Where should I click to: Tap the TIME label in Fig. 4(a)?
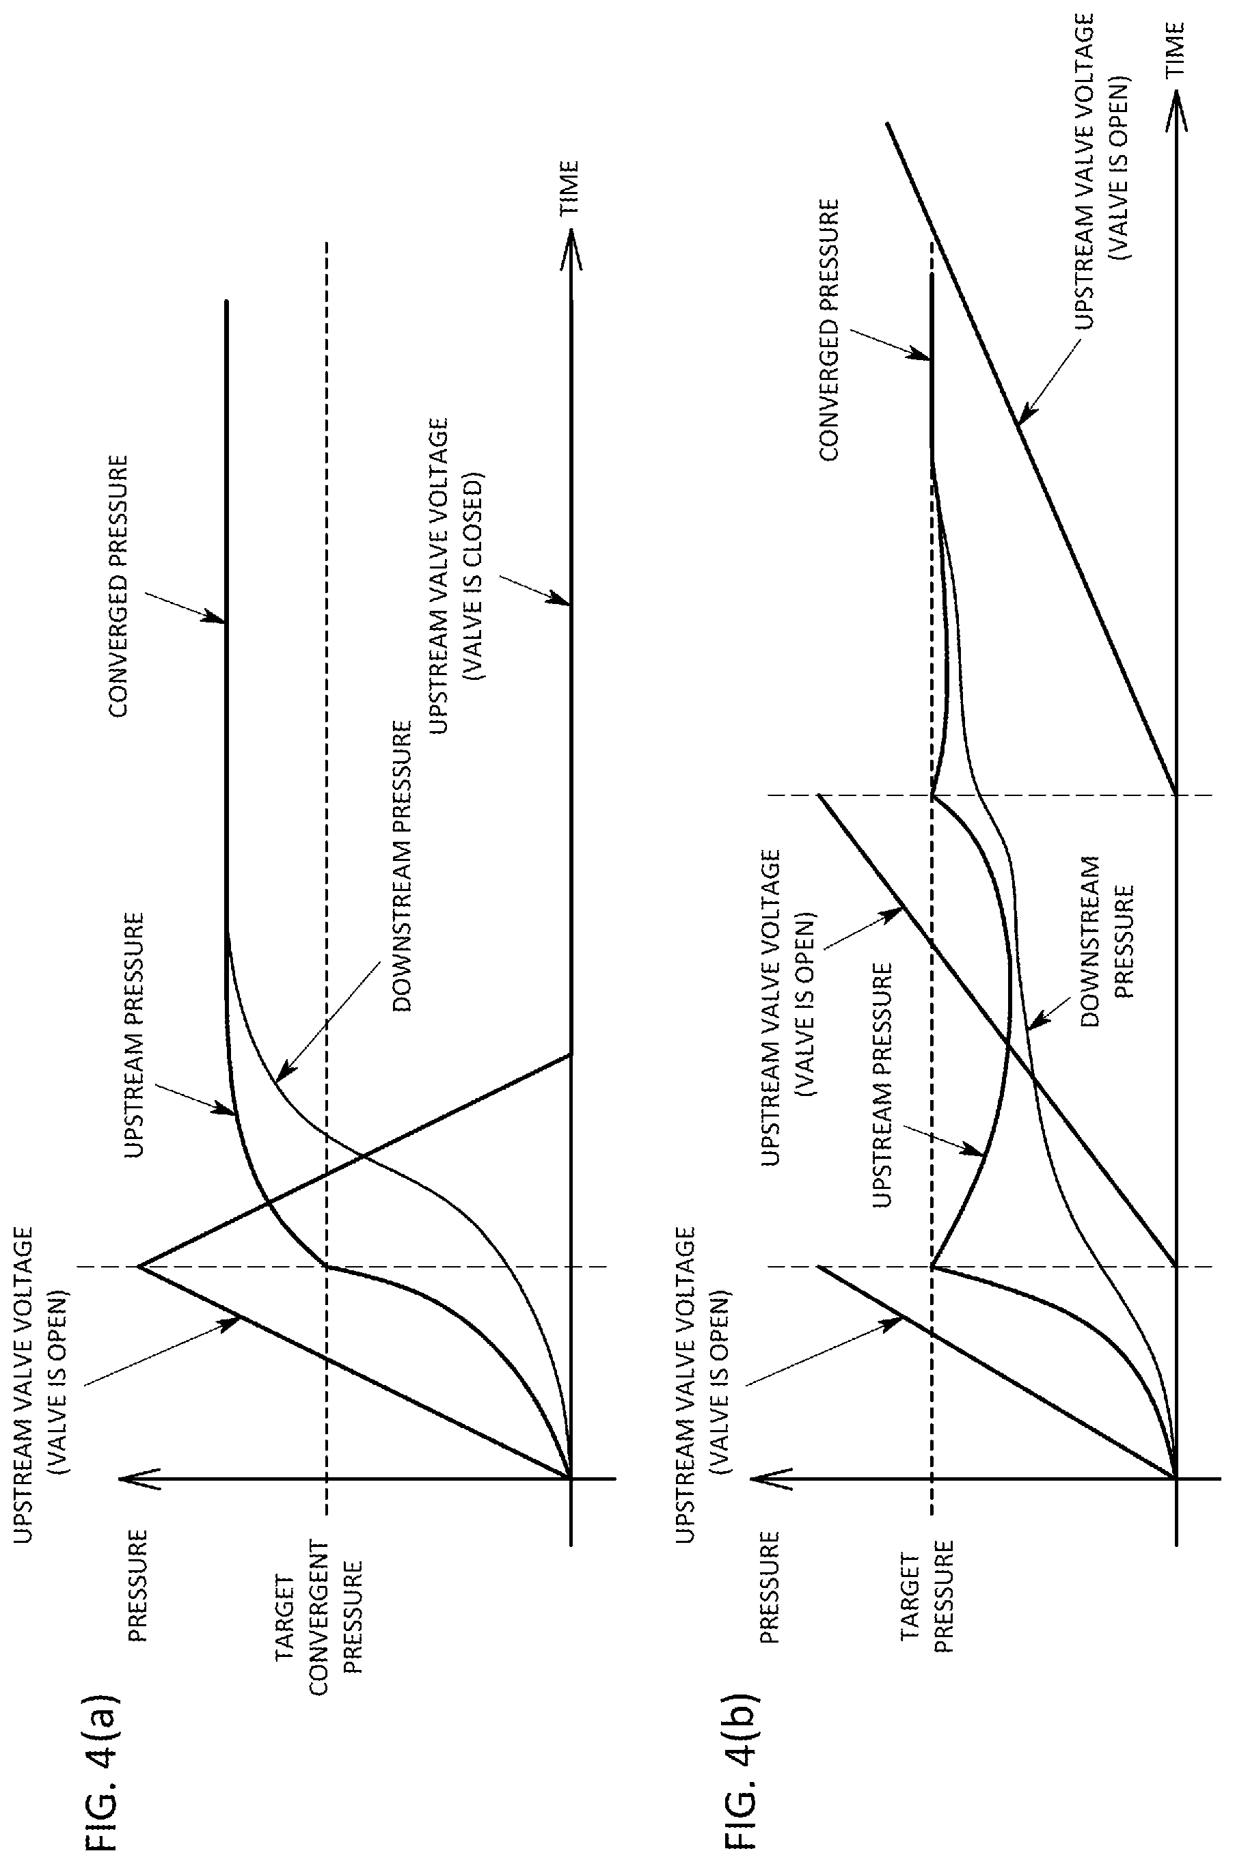click(569, 188)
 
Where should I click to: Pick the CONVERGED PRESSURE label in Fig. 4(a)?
click(118, 585)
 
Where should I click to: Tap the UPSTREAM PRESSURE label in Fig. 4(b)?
click(882, 1085)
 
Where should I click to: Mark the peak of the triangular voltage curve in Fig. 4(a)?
click(139, 1267)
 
